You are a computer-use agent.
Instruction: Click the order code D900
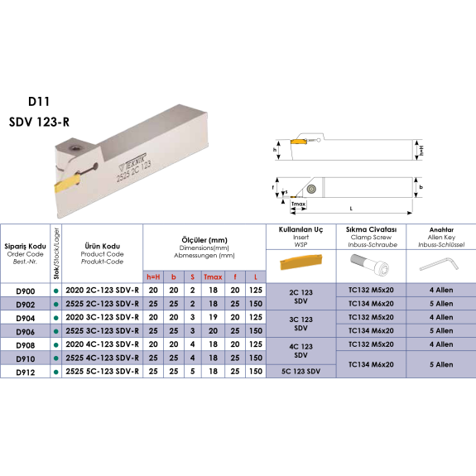(x=25, y=291)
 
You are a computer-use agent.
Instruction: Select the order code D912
(x=25, y=373)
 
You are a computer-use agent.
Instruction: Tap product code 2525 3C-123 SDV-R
(x=103, y=330)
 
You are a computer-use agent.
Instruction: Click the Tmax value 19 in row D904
(x=213, y=317)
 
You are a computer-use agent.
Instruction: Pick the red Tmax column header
(x=213, y=276)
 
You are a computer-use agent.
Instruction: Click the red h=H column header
(x=153, y=276)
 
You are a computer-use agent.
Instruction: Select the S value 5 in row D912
(x=192, y=371)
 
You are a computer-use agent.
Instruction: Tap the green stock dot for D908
(x=55, y=345)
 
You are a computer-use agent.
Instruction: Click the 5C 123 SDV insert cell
(x=301, y=371)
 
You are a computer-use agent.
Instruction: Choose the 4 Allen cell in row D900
(x=441, y=290)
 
